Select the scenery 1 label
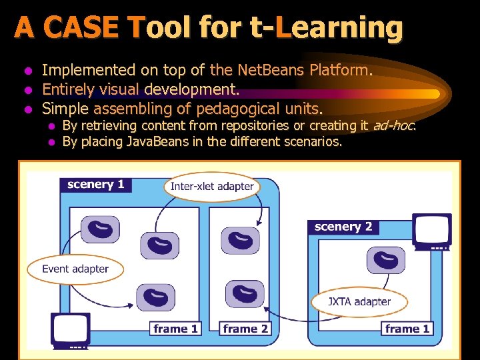(x=96, y=185)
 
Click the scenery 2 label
(x=343, y=227)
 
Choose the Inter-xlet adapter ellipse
(x=212, y=186)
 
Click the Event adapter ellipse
(x=75, y=269)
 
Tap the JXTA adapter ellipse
(x=359, y=301)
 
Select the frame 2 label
(x=245, y=329)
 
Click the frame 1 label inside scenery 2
(x=407, y=329)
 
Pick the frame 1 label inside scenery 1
(x=175, y=329)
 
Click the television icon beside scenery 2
(x=431, y=231)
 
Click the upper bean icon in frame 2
(x=240, y=240)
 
